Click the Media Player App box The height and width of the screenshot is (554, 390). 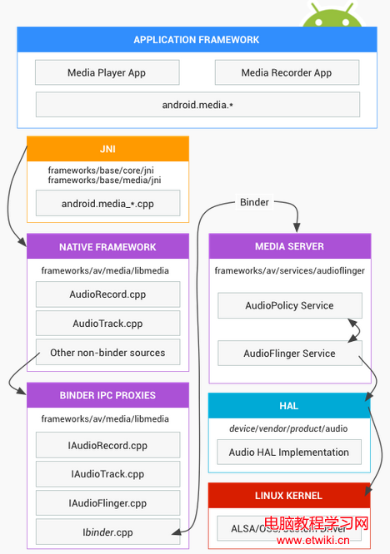pos(107,72)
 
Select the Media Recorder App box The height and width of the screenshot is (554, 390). pos(287,72)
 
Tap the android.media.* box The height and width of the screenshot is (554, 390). pos(197,105)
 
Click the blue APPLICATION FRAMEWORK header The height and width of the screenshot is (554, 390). pos(197,40)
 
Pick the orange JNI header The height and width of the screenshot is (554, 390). pos(107,149)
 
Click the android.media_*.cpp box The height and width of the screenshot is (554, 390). pos(107,203)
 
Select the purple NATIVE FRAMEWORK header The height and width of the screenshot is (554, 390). pos(107,247)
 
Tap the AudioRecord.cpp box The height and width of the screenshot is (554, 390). pos(107,294)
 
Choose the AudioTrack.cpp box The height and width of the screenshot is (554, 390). pos(107,324)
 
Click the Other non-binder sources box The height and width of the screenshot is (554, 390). pos(107,353)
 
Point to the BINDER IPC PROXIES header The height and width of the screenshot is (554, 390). pos(107,395)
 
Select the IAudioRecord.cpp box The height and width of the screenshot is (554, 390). pos(107,445)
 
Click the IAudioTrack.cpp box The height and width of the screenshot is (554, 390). pos(107,474)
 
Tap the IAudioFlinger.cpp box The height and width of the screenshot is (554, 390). pos(107,503)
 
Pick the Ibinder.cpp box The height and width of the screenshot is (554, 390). pos(107,532)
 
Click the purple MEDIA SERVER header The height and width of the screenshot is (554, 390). pos(289,246)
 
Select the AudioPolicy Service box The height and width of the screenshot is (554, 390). pos(289,305)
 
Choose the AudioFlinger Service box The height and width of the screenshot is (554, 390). pos(289,354)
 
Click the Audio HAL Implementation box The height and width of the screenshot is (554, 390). pos(289,453)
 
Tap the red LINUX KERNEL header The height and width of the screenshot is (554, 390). pos(289,495)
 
